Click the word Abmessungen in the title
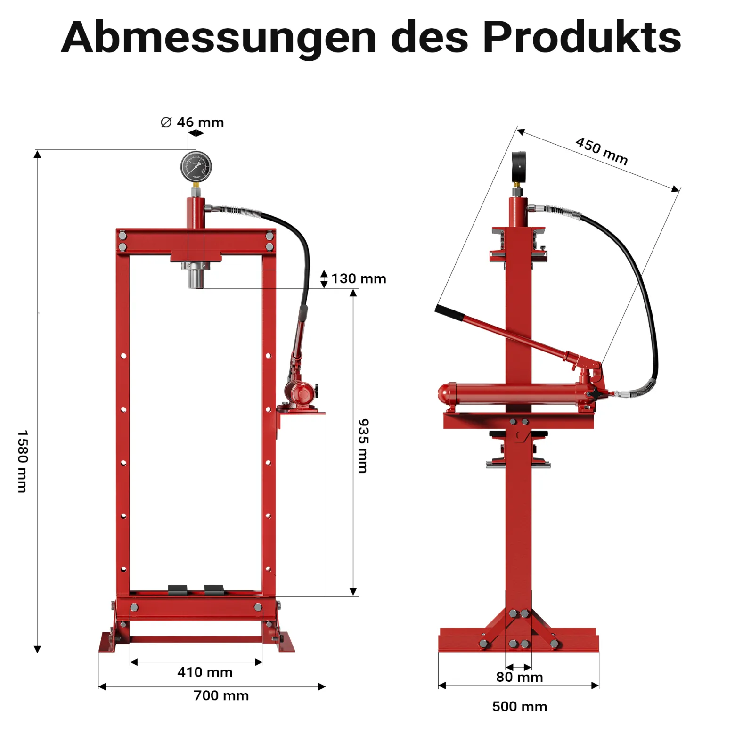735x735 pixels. tap(219, 38)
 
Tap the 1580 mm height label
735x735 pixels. tap(22, 461)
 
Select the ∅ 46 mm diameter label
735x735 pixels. tap(192, 122)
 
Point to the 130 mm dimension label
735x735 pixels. tap(359, 279)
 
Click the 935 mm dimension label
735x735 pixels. tap(363, 446)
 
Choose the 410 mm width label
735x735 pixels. tap(205, 672)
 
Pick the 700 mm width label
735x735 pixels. tap(221, 696)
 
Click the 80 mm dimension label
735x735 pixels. tap(520, 678)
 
